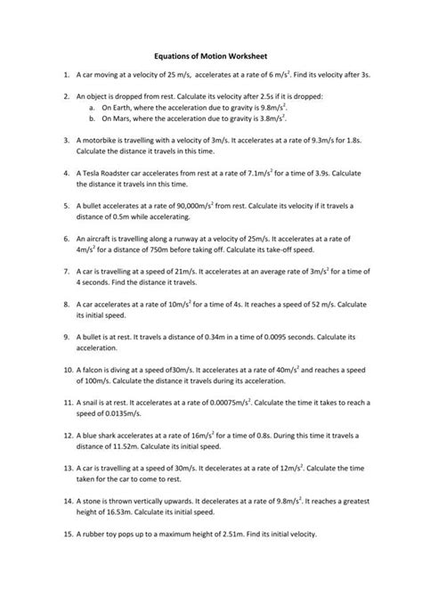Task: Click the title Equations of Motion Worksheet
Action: (x=211, y=53)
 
